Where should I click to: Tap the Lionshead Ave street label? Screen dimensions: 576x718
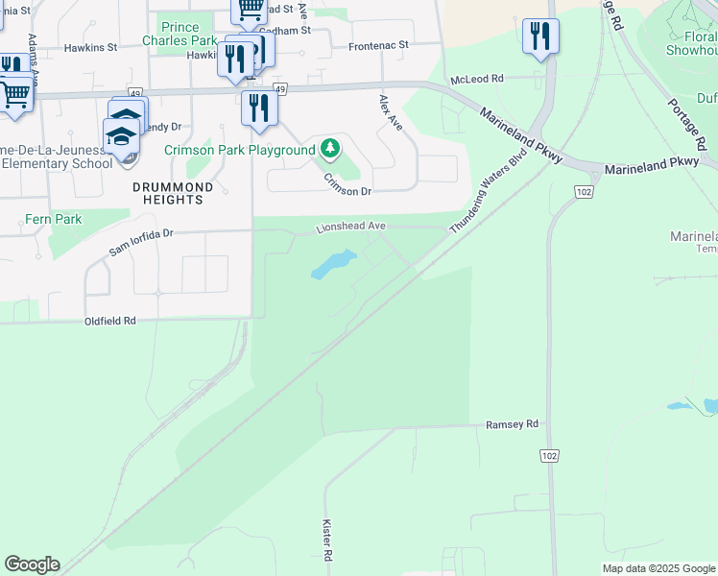pos(351,227)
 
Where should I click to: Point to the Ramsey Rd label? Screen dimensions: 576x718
pos(513,423)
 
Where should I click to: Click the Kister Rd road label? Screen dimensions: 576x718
pos(326,541)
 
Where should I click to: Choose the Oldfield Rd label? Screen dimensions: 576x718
pos(110,321)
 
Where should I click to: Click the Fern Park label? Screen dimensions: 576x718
pos(55,219)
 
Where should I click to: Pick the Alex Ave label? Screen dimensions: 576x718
pos(391,112)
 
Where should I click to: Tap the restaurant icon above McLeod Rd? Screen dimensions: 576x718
pos(540,36)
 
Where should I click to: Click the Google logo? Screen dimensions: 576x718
pos(32,564)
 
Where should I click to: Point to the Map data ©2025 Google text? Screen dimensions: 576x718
pos(658,568)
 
